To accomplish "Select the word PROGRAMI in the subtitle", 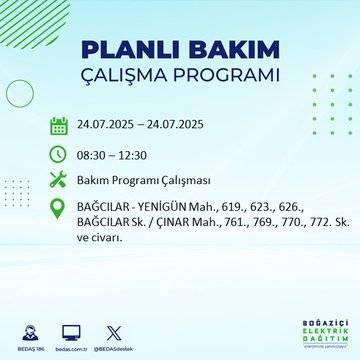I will (228, 76).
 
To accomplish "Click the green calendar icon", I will (58, 126).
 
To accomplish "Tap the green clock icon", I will (58, 154).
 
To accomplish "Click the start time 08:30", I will (93, 154).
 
